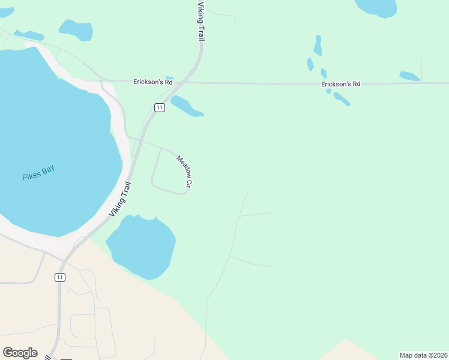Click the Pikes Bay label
pyautogui.click(x=38, y=173)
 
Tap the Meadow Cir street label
pyautogui.click(x=184, y=173)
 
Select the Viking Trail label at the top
pyautogui.click(x=201, y=22)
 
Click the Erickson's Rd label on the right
pyautogui.click(x=340, y=85)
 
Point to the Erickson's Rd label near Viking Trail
pyautogui.click(x=148, y=82)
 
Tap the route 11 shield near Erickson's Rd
pyautogui.click(x=158, y=107)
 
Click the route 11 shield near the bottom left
pyautogui.click(x=59, y=277)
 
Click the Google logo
pyautogui.click(x=20, y=352)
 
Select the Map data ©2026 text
pyautogui.click(x=423, y=355)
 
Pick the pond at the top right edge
pyautogui.click(x=376, y=7)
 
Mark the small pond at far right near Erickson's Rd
pyautogui.click(x=409, y=76)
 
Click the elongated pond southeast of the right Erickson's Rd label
pyautogui.click(x=342, y=98)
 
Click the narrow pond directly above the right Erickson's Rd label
pyautogui.click(x=318, y=46)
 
